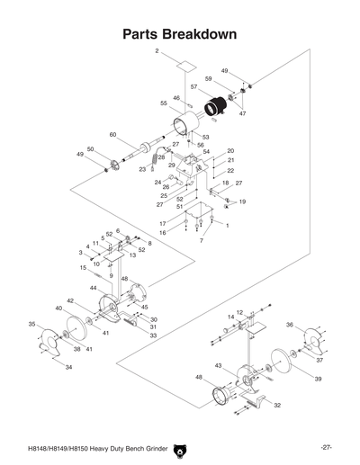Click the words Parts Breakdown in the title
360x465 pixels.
[x=179, y=34]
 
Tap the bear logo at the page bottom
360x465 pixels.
[x=179, y=446]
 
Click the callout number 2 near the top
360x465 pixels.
[x=157, y=52]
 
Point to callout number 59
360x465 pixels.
[x=208, y=79]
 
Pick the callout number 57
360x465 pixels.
[x=193, y=87]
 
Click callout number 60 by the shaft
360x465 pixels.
[x=113, y=135]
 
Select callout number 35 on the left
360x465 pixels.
[x=31, y=324]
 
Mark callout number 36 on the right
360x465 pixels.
[x=290, y=324]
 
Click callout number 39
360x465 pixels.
[x=317, y=379]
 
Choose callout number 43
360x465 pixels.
[x=219, y=365]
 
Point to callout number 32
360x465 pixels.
[x=277, y=406]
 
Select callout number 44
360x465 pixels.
[x=93, y=287]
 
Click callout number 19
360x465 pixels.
[x=242, y=201]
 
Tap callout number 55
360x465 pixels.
[x=165, y=103]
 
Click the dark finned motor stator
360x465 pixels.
[x=213, y=109]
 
